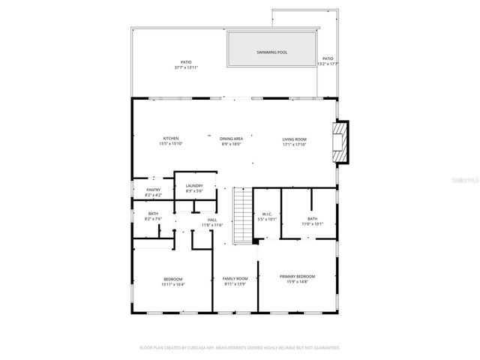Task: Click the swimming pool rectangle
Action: pos(271,52)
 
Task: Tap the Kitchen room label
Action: pos(171,139)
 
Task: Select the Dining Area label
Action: pos(231,139)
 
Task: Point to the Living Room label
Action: pos(294,139)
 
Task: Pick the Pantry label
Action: pos(153,190)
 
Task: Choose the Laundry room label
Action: pos(195,187)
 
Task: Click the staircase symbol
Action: pos(241,216)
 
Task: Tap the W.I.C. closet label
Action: pos(267,215)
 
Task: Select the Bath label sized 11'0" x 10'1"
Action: pos(312,218)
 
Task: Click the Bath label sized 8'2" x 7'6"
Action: pos(153,214)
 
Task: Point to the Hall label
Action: pos(212,220)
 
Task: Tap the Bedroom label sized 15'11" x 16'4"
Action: pos(172,279)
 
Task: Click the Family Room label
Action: pos(235,279)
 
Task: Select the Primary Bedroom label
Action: pos(297,276)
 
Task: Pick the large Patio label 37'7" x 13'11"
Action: pos(186,62)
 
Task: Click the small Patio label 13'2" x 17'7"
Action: pos(327,58)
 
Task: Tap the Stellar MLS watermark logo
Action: pos(462,180)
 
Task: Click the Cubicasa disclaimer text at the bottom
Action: pos(240,348)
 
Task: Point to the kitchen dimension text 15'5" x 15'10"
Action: pos(171,144)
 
